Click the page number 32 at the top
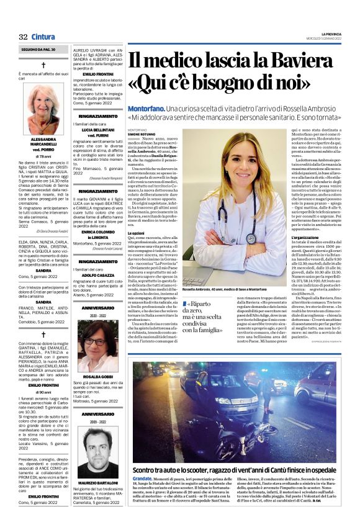click(24, 36)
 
